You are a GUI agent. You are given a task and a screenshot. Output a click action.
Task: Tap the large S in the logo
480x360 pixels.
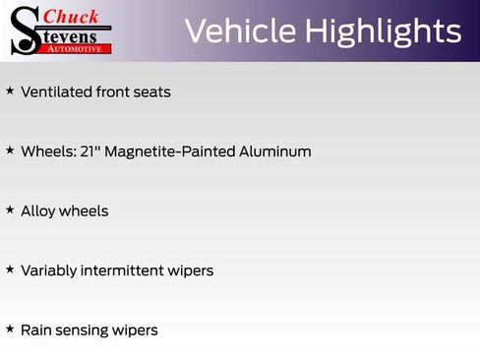pyautogui.click(x=25, y=30)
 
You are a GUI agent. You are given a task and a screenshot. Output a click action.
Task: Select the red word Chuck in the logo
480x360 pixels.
pyautogui.click(x=71, y=16)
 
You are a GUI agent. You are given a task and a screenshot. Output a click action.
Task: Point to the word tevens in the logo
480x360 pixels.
pyautogui.click(x=74, y=34)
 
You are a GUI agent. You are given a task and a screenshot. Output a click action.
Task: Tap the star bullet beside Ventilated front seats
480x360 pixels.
pyautogui.click(x=10, y=91)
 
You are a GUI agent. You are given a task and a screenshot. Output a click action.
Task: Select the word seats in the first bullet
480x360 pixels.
pyautogui.click(x=150, y=92)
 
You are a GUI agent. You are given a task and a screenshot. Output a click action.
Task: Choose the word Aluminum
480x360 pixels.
pyautogui.click(x=274, y=151)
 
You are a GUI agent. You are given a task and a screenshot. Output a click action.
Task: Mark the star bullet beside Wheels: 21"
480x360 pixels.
pyautogui.click(x=10, y=150)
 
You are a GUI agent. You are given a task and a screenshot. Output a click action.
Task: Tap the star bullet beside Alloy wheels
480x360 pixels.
pyautogui.click(x=10, y=210)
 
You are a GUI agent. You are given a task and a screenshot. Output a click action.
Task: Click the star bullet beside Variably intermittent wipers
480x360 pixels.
pyautogui.click(x=10, y=269)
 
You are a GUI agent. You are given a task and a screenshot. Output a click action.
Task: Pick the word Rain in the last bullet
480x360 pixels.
pyautogui.click(x=36, y=330)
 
